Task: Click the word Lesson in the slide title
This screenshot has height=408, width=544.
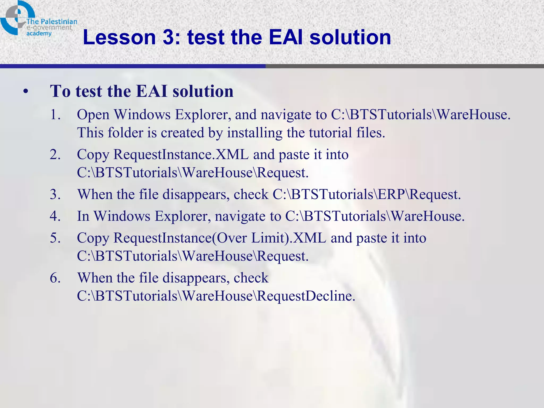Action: tap(119, 37)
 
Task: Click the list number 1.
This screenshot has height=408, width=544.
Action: tap(55, 115)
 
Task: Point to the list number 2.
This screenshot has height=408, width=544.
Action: tap(55, 155)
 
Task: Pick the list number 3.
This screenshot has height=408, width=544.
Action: tap(55, 194)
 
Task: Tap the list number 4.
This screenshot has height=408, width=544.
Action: tap(55, 216)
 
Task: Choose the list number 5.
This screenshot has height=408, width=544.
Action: tap(55, 238)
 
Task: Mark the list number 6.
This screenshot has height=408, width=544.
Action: tap(55, 278)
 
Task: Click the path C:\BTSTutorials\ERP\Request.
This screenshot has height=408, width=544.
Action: tap(367, 194)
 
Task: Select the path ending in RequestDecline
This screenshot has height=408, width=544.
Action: tap(216, 296)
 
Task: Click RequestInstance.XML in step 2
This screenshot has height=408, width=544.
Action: tap(181, 155)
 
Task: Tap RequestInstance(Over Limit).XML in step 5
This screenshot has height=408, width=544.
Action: tap(220, 238)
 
